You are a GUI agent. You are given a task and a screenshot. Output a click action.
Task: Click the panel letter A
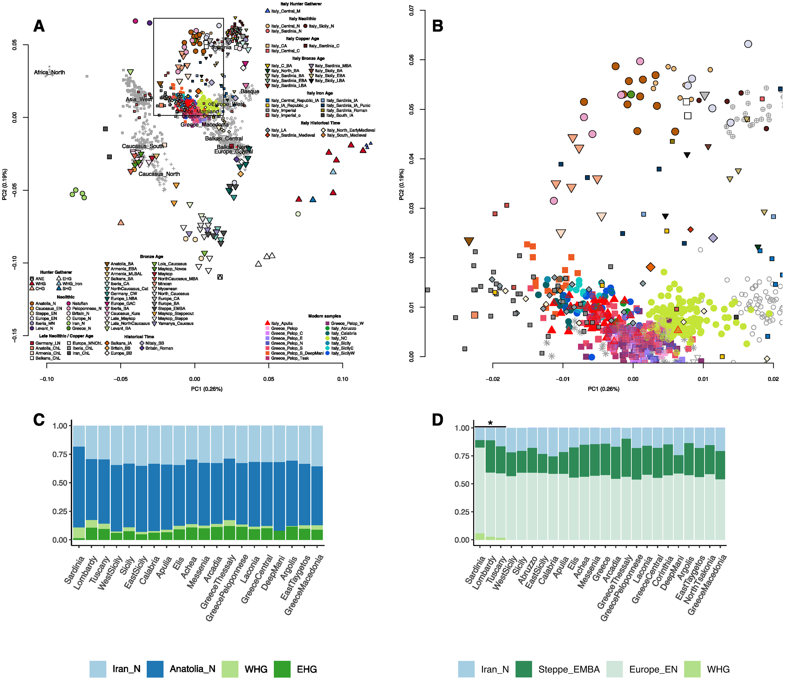39,26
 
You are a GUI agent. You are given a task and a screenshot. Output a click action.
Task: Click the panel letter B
438,26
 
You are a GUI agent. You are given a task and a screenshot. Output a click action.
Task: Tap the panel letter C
39,420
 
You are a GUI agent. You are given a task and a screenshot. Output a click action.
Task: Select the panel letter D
438,420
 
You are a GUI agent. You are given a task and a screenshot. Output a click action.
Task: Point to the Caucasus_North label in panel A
159,174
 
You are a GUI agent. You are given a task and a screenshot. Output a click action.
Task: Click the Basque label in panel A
250,91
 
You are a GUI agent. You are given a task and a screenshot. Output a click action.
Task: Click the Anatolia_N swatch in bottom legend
155,669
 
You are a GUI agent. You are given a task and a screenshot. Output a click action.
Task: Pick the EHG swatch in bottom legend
282,669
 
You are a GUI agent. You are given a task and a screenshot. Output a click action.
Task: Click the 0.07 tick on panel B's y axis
412,11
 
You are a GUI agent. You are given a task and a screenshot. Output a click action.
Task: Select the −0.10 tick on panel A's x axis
47,379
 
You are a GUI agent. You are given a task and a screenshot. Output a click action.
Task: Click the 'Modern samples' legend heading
324,316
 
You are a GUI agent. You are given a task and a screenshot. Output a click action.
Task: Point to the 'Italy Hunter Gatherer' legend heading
301,4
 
